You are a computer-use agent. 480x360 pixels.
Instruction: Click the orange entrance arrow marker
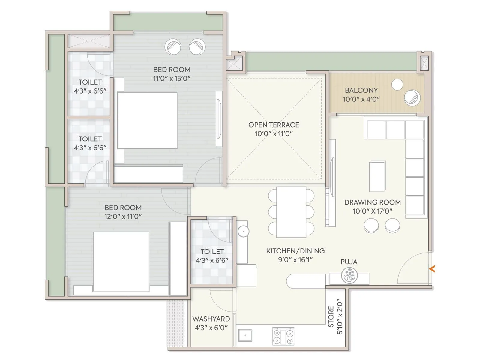pyautogui.click(x=432, y=269)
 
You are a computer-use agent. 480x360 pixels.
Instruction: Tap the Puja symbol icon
pyautogui.click(x=349, y=275)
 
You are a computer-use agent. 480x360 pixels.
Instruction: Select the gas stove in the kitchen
pyautogui.click(x=283, y=336)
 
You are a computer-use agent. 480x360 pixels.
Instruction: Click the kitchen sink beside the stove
pyautogui.click(x=245, y=335)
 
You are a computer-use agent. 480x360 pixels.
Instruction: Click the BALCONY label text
pyautogui.click(x=361, y=90)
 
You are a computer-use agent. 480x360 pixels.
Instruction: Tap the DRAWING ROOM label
pyautogui.click(x=372, y=202)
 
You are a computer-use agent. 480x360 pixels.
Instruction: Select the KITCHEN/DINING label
pyautogui.click(x=295, y=251)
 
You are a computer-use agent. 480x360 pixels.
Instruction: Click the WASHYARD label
pyautogui.click(x=211, y=319)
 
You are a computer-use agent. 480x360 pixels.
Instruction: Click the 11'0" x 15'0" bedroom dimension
pyautogui.click(x=172, y=79)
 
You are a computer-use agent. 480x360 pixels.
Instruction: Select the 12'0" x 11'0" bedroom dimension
pyautogui.click(x=123, y=217)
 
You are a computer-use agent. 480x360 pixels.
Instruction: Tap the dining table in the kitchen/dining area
pyautogui.click(x=291, y=212)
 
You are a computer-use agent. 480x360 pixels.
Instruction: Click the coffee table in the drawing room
pyautogui.click(x=377, y=176)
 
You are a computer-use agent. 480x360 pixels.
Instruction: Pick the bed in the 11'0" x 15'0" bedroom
pyautogui.click(x=147, y=120)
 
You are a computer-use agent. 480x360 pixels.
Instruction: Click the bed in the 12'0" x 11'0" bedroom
pyautogui.click(x=121, y=262)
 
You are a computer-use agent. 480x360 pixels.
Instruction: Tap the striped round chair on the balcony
pyautogui.click(x=412, y=97)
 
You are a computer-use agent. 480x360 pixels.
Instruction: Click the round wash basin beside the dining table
pyautogui.click(x=243, y=231)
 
